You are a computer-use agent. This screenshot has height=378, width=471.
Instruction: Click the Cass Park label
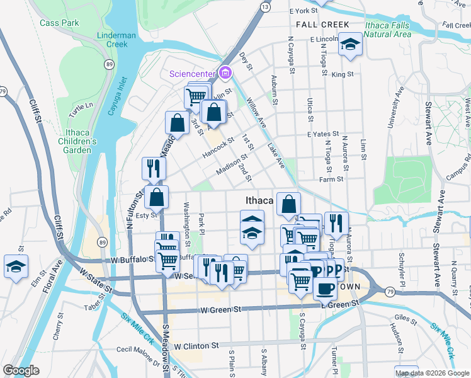point(59,23)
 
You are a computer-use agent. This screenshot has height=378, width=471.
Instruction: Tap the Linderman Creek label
point(117,40)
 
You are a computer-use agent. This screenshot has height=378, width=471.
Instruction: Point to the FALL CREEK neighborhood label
point(322,25)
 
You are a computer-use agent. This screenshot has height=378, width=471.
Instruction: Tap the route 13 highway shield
point(265,6)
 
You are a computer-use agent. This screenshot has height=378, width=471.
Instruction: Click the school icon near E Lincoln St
point(349,45)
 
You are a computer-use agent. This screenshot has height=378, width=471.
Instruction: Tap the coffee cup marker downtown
point(325,289)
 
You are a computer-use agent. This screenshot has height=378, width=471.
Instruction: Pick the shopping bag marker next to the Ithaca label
point(288,204)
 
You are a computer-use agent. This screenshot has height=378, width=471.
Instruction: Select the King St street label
point(343,74)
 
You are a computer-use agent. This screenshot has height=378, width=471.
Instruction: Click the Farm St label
point(331,180)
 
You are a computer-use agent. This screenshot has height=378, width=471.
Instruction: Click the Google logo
point(21,370)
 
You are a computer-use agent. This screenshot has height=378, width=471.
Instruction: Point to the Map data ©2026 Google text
point(432,373)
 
